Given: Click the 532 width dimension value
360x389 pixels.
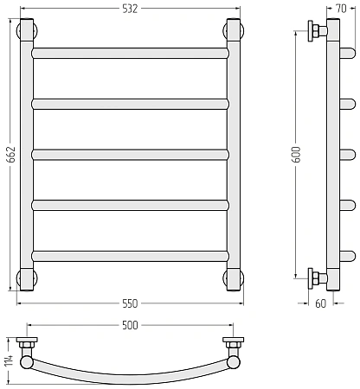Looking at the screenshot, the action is click(130, 9).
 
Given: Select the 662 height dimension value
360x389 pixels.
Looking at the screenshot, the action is click(11, 155).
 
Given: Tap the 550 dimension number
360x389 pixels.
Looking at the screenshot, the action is click(130, 303).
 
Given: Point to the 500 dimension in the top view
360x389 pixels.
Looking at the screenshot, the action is click(130, 325).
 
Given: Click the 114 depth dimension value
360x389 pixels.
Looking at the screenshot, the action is click(9, 360).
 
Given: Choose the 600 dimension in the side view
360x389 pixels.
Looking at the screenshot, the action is click(297, 155).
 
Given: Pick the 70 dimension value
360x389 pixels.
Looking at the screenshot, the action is click(341, 9).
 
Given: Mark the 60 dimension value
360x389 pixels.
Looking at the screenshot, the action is click(321, 303).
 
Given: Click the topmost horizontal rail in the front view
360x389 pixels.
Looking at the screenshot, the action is click(130, 54).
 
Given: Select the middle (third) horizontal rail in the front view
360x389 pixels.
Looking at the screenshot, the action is click(130, 155).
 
